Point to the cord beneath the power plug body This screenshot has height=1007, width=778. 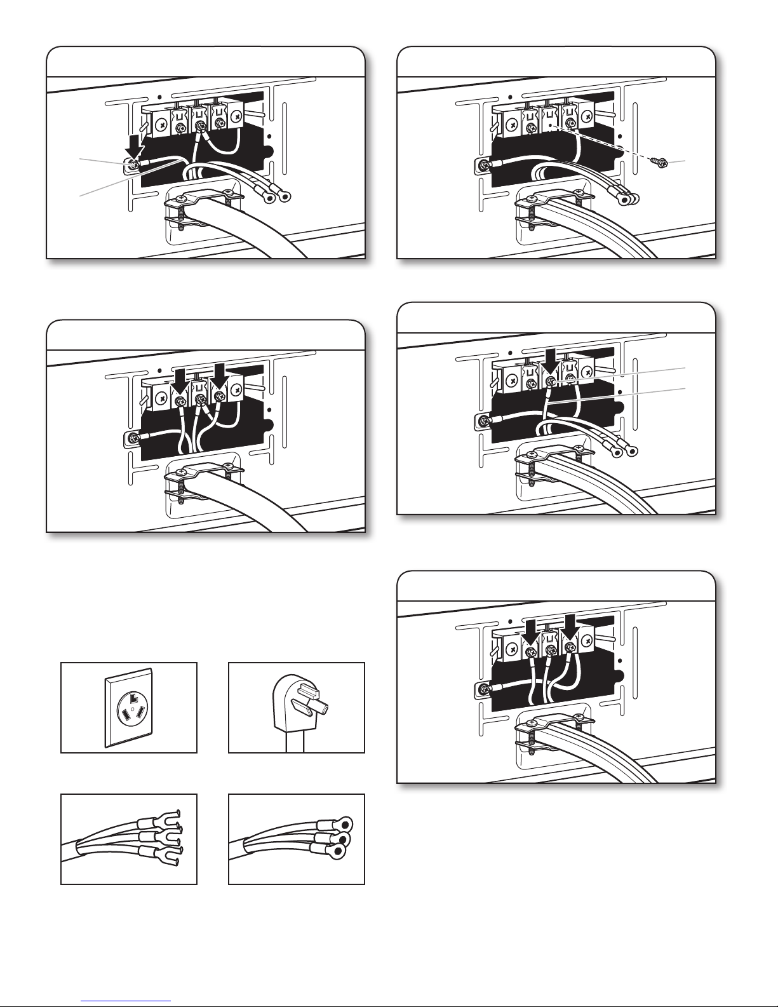296,743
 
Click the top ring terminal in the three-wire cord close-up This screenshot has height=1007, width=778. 344,826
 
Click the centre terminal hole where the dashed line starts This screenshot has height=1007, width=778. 550,126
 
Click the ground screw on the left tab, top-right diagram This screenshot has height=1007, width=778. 485,166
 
